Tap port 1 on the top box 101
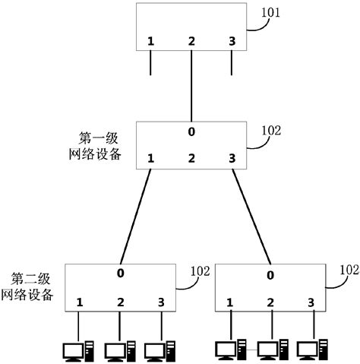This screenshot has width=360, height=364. [x=151, y=40]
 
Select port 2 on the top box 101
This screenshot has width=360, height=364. [x=191, y=40]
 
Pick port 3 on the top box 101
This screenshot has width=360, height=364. [x=231, y=40]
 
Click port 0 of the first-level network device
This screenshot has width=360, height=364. [x=191, y=132]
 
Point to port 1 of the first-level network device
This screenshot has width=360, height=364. [x=151, y=158]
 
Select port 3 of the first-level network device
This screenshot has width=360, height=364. [x=231, y=158]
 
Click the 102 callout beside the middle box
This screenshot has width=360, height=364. [x=270, y=130]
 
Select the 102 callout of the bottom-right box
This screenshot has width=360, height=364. [x=349, y=269]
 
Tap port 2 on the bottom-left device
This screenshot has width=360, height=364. [x=120, y=302]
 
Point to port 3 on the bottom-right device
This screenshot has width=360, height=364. [x=310, y=302]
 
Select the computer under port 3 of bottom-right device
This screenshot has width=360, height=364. [x=311, y=349]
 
